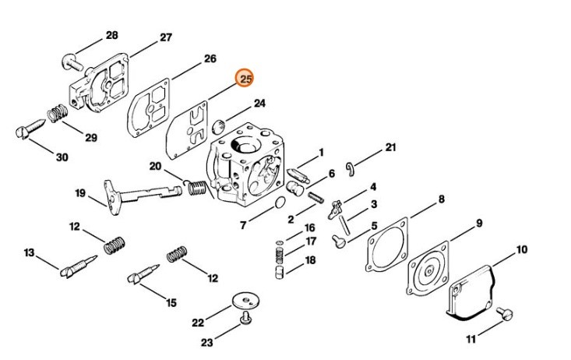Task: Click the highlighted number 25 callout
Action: [246, 79]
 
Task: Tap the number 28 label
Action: [111, 35]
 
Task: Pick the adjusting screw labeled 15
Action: [143, 274]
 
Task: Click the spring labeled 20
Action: [196, 188]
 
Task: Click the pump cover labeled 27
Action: [97, 82]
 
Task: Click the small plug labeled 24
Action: [220, 124]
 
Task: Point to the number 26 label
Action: [210, 58]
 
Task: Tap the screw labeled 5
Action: [339, 242]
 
